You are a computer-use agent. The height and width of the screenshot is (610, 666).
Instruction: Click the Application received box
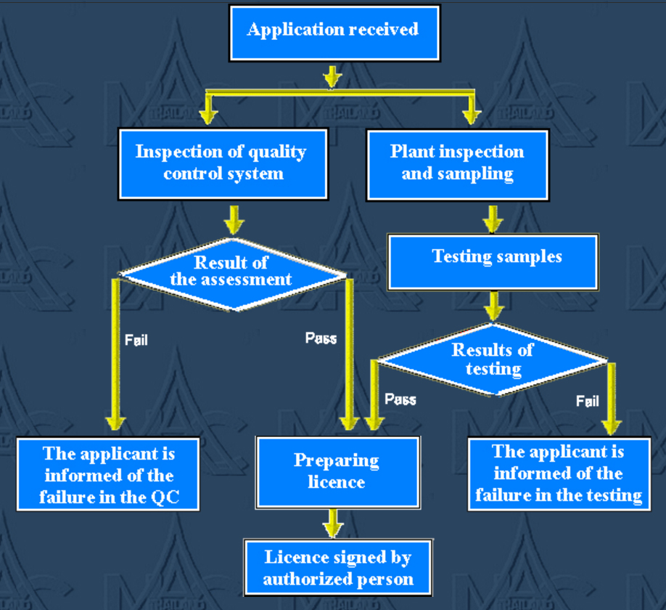tap(334, 33)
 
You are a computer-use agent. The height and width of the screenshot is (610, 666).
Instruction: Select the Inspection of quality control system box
tap(223, 163)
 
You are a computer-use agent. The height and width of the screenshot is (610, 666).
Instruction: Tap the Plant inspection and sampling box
tap(457, 163)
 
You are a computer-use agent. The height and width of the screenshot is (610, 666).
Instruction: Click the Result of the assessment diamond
tap(232, 273)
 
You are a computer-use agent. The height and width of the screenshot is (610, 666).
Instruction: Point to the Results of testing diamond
tap(493, 359)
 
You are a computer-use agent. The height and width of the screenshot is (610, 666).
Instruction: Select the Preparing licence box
tap(337, 471)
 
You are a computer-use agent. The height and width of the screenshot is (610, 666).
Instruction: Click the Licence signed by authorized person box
tap(338, 569)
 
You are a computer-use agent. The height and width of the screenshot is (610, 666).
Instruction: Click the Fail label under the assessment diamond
tap(136, 339)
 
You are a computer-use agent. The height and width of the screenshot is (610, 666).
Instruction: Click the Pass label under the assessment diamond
tap(321, 338)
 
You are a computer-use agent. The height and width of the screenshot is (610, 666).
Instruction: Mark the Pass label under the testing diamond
tap(400, 399)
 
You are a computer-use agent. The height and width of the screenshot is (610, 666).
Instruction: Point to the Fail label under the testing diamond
tap(588, 400)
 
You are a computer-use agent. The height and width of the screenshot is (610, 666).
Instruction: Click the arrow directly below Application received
tap(332, 76)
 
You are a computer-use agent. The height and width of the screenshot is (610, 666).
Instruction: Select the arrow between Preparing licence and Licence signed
tap(334, 523)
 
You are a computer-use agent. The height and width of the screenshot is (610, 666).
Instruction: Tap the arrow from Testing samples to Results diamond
tap(494, 306)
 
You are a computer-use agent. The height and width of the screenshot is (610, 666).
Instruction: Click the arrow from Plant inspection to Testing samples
tap(493, 217)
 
